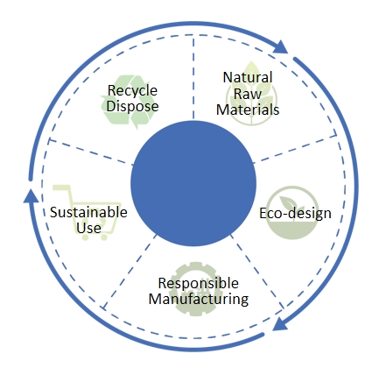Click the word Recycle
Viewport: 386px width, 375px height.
[132, 90]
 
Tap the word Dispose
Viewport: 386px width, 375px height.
[132, 105]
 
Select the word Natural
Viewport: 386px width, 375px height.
[248, 77]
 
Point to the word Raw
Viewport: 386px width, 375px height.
[248, 94]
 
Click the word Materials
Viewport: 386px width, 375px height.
[248, 110]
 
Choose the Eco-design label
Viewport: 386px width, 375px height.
[295, 213]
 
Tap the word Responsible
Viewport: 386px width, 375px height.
[199, 283]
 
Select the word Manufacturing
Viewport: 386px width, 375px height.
[199, 299]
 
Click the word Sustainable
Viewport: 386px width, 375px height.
[88, 212]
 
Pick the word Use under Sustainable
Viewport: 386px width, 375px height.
[88, 228]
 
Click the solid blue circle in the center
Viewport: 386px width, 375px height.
[193, 183]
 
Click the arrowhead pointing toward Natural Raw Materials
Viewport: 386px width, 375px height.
[280, 47]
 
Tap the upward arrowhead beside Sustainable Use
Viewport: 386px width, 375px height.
[31, 195]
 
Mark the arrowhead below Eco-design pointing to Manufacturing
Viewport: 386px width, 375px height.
[279, 324]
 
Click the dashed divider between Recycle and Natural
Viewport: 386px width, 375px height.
[193, 77]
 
